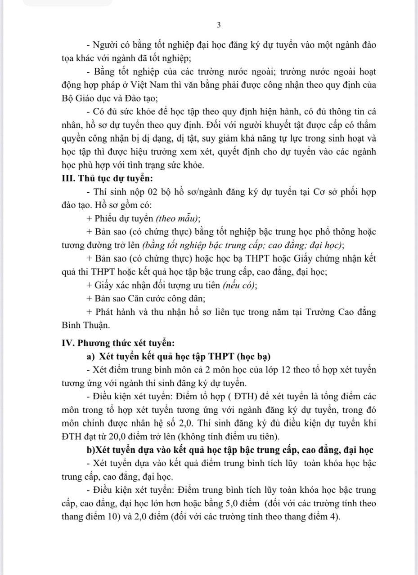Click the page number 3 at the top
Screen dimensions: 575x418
tap(219, 25)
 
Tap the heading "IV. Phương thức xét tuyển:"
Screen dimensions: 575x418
tap(117, 343)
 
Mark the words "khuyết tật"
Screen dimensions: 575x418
tap(318, 125)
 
